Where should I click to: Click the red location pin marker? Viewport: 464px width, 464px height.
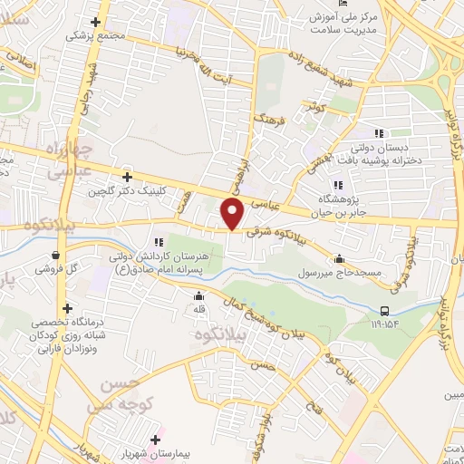[233, 214]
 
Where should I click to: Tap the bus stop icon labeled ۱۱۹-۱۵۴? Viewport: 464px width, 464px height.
[386, 311]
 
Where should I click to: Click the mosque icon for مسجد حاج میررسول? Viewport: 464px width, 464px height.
[339, 257]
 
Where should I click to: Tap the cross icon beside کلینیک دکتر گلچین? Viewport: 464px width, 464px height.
[128, 177]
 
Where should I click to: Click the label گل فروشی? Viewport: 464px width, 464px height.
[58, 269]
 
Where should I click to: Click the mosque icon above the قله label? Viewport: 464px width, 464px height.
[199, 295]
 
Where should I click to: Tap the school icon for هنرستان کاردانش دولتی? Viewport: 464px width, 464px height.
[159, 241]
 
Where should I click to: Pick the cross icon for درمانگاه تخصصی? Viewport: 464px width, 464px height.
[67, 307]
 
